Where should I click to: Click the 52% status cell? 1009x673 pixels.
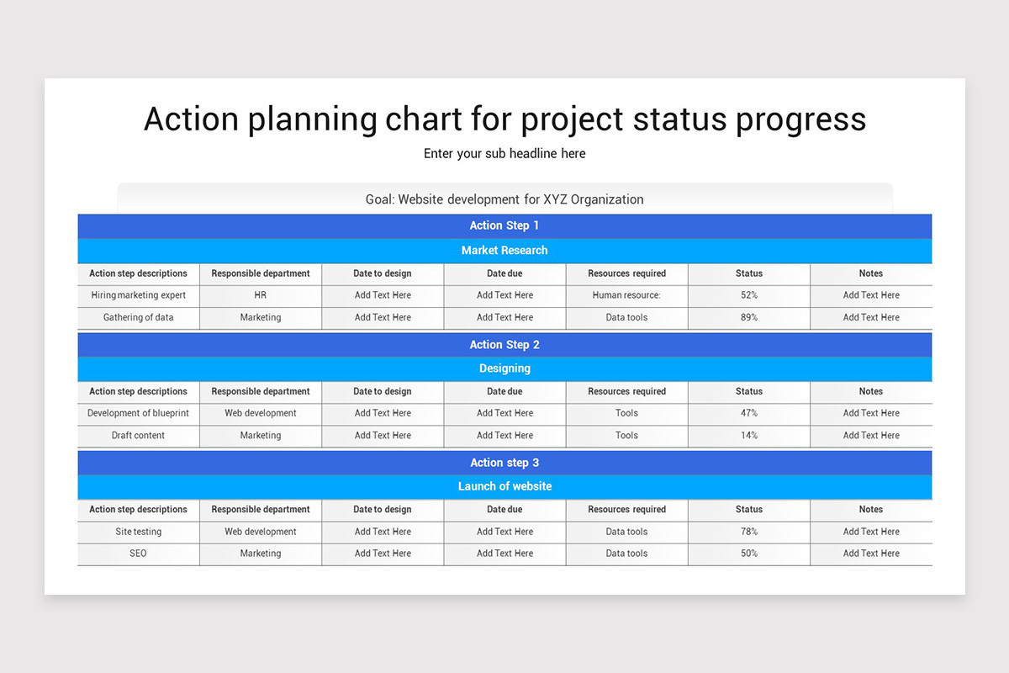click(748, 295)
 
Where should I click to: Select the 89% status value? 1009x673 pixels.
click(748, 317)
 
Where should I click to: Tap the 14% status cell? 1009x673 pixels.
click(748, 435)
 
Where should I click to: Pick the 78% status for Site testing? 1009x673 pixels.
click(748, 532)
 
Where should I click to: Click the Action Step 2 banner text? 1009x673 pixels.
click(504, 344)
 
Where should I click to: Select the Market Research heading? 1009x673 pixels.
click(504, 250)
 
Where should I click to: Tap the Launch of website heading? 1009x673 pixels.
click(504, 486)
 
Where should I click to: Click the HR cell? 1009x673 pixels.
click(261, 295)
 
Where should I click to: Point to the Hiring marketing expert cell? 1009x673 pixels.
click(139, 295)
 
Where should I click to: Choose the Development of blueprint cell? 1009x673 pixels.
click(139, 413)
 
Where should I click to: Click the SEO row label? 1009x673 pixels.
click(139, 554)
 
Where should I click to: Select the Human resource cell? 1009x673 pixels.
click(626, 295)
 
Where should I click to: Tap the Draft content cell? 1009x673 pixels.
click(139, 435)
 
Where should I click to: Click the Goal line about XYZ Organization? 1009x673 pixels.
click(504, 199)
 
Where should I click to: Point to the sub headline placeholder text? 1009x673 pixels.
click(504, 153)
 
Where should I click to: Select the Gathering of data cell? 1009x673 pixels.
click(139, 317)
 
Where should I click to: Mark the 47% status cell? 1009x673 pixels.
click(748, 413)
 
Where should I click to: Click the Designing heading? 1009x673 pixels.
click(504, 368)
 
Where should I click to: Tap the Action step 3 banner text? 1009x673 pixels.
click(504, 463)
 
